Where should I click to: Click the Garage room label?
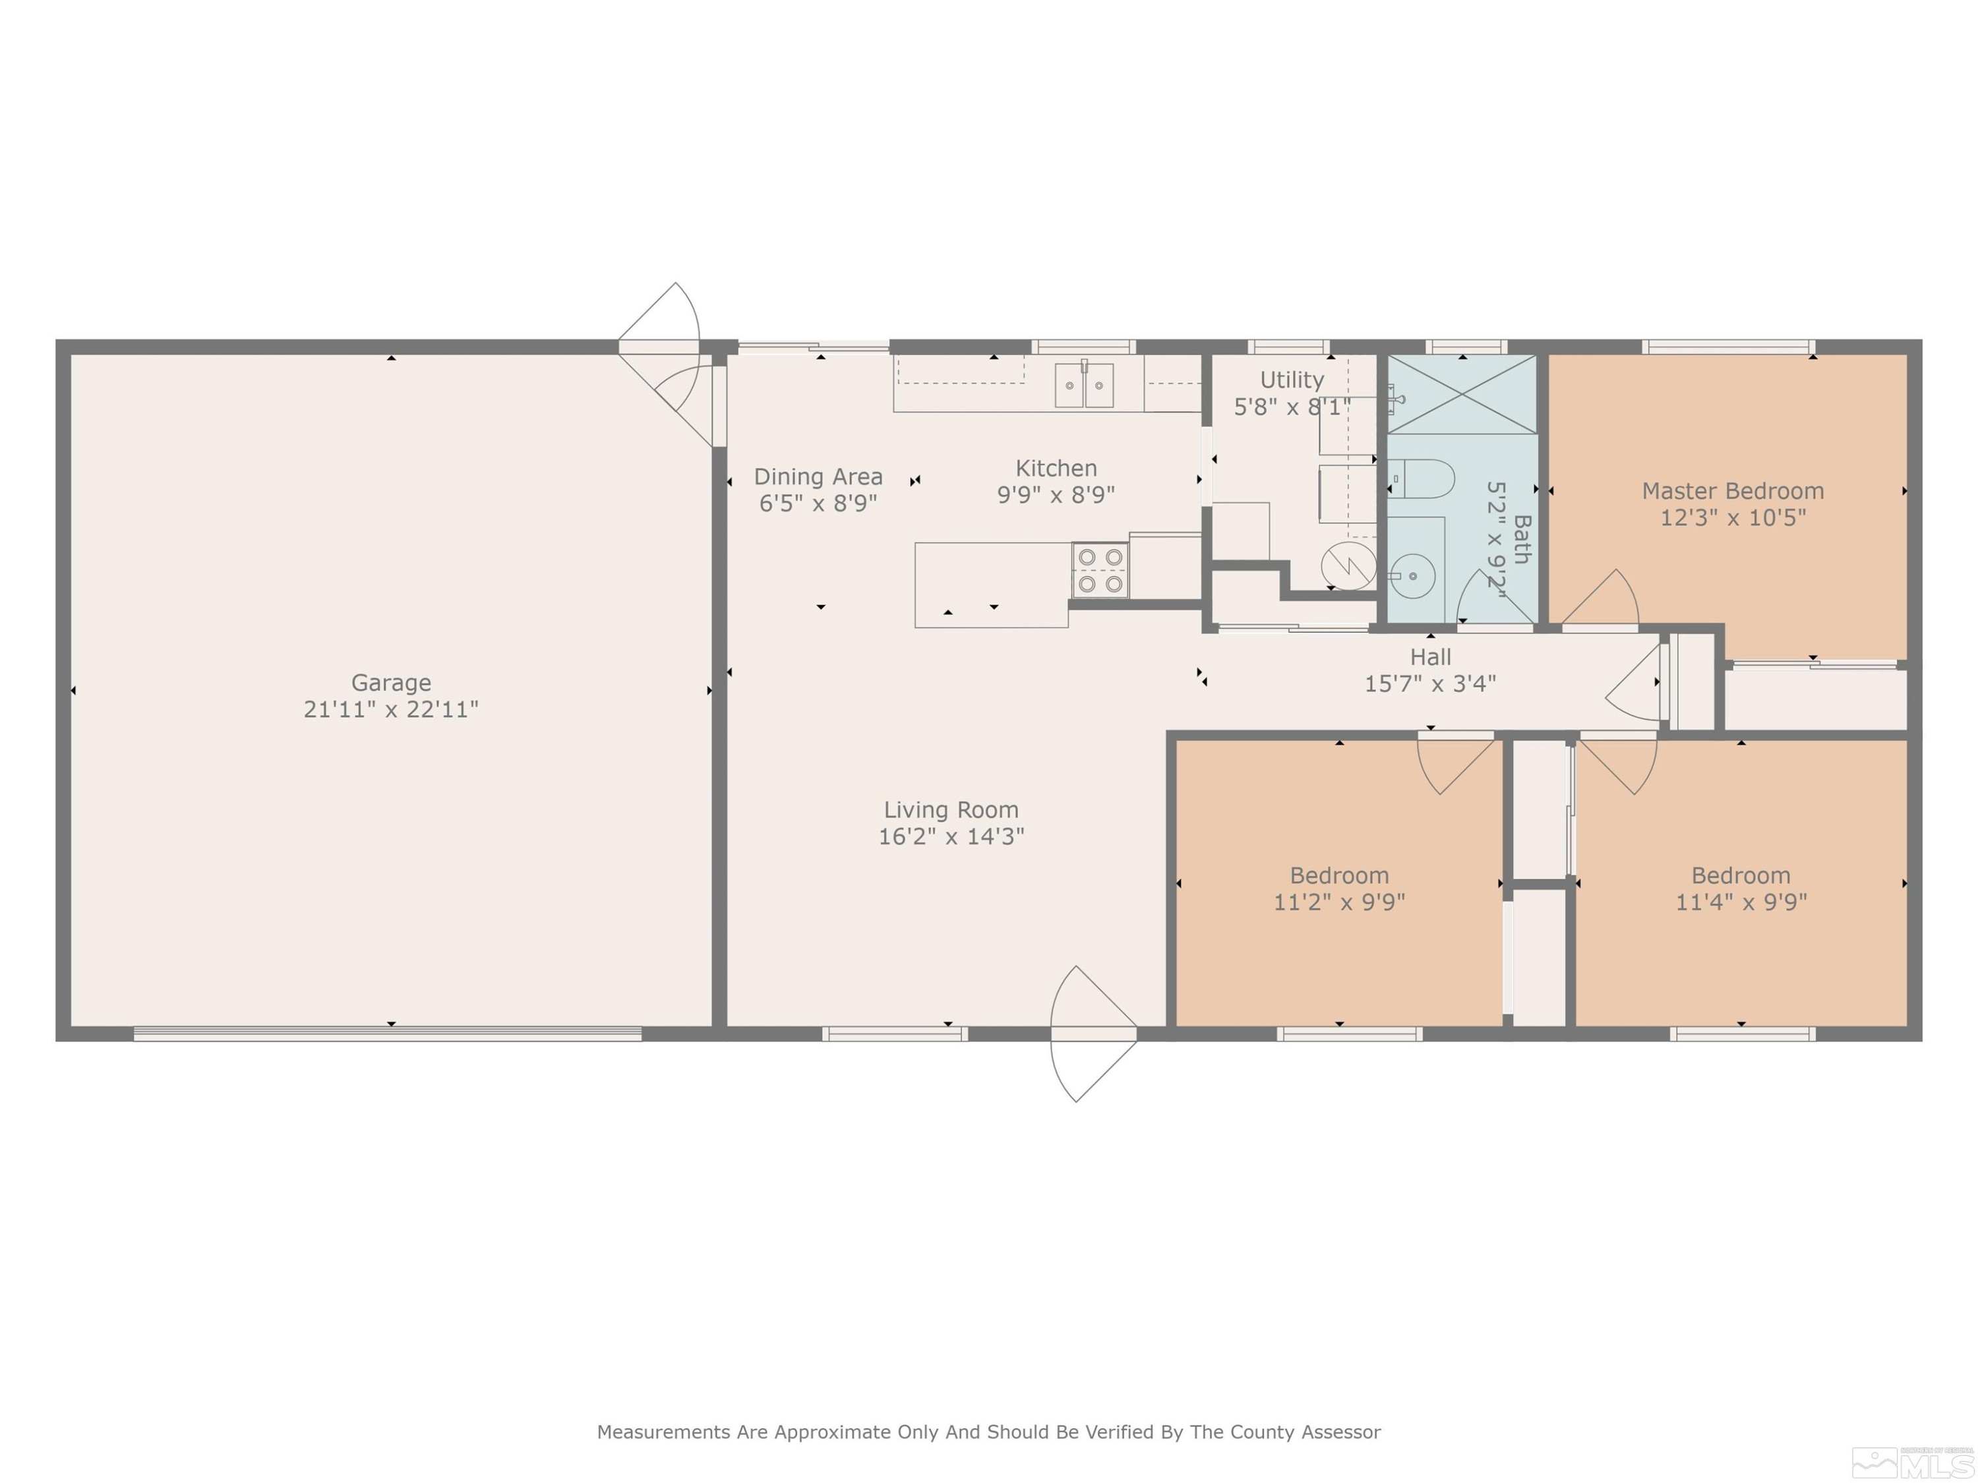391,683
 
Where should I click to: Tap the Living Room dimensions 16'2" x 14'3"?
951,836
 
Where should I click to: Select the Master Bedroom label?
1733,491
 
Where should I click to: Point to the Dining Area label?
818,477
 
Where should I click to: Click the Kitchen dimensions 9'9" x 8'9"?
1056,495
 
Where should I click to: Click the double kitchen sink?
1084,386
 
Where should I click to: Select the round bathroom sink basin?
1413,577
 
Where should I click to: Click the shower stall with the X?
1462,394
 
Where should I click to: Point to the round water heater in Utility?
1348,565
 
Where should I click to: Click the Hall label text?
1430,658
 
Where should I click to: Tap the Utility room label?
1292,380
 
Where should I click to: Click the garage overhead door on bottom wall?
388,1034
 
